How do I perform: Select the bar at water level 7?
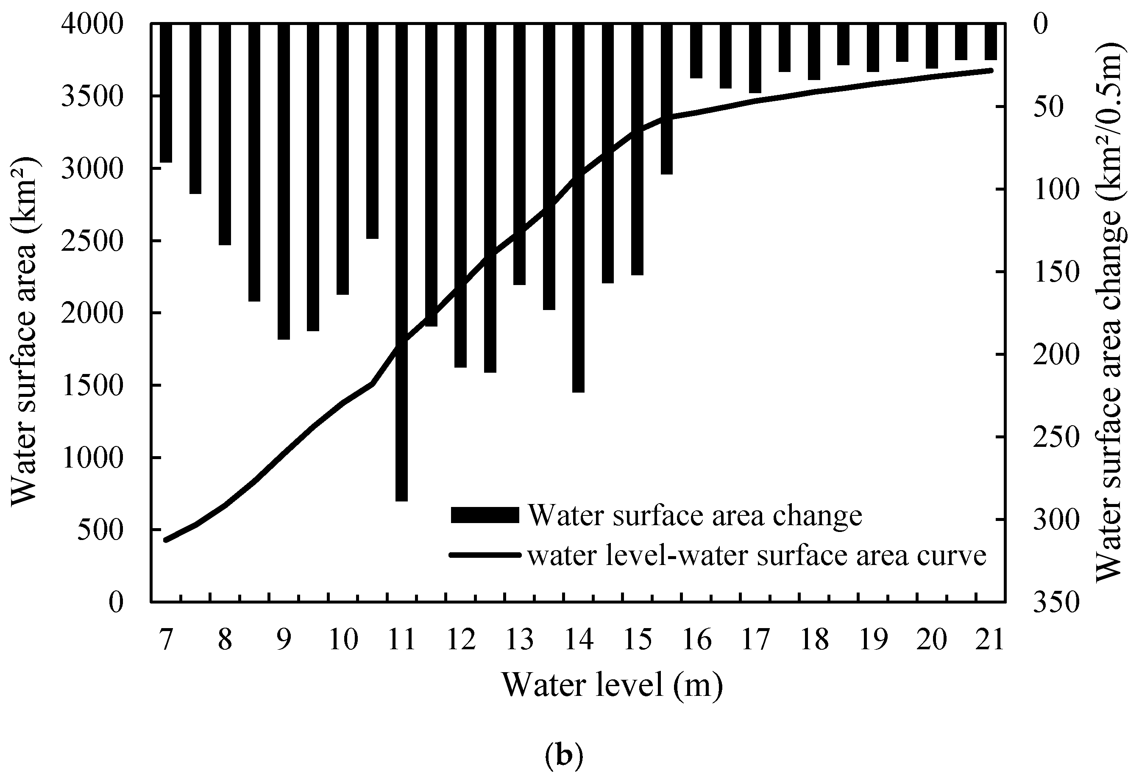(166, 93)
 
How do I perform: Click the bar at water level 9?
(284, 181)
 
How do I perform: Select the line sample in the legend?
(484, 555)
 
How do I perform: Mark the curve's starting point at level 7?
(166, 540)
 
